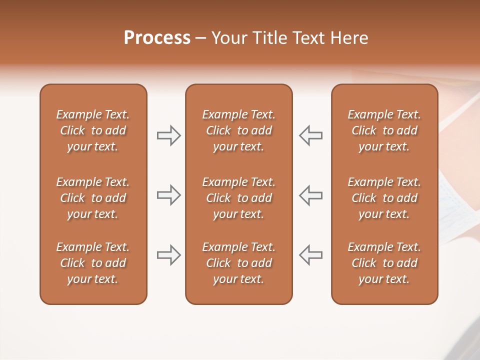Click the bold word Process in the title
157,38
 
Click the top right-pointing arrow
169,135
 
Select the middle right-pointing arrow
169,195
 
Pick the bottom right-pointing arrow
169,255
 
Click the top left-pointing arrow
311,135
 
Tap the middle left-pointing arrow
311,195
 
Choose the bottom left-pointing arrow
311,255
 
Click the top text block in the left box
93,130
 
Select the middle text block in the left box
93,198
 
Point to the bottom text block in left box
93,263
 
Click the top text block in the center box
238,130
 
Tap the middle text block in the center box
238,198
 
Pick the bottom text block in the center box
238,263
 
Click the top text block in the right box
384,130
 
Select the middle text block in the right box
384,198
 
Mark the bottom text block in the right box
384,263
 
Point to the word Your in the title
228,38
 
